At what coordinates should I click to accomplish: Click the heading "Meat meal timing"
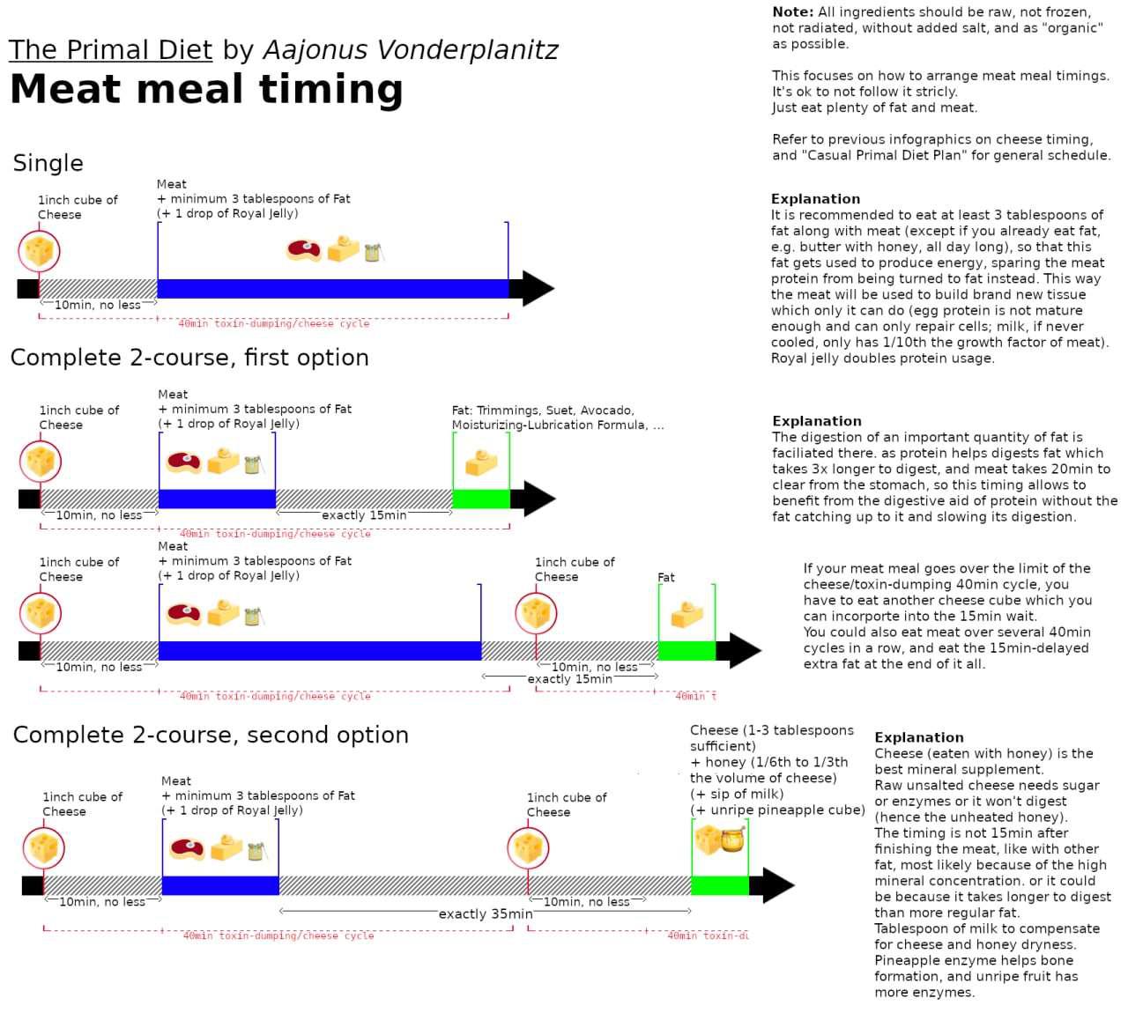click(x=206, y=90)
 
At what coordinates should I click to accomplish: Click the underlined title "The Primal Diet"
click(x=110, y=50)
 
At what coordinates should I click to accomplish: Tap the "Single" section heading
click(x=48, y=164)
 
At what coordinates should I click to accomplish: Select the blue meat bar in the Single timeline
click(x=332, y=289)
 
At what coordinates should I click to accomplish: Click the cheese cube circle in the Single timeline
click(x=40, y=251)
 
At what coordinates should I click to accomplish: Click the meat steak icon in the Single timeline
click(x=304, y=251)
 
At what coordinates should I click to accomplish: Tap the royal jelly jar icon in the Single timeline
click(x=373, y=253)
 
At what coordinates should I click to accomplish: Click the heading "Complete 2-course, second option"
click(x=211, y=736)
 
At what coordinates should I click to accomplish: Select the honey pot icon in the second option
click(x=732, y=840)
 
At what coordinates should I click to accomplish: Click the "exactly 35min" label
click(x=486, y=914)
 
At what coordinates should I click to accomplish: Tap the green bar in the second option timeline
click(x=719, y=885)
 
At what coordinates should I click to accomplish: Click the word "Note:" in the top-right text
click(x=792, y=12)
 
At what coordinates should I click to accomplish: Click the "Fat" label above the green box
click(x=666, y=578)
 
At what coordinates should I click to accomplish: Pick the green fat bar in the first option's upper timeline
click(x=480, y=499)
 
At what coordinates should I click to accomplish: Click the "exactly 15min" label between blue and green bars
click(x=364, y=515)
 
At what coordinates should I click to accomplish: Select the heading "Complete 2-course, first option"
click(x=189, y=358)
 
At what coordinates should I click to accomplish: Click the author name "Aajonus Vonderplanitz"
click(x=411, y=50)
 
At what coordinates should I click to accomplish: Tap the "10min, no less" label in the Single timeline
click(x=98, y=306)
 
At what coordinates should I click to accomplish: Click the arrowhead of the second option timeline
click(x=776, y=885)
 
